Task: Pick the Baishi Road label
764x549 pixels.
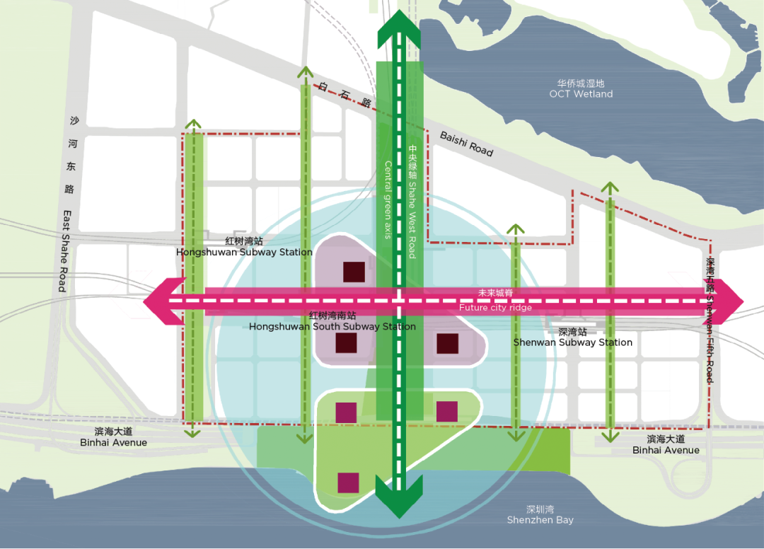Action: coord(466,144)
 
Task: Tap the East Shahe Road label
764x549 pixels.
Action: coord(64,250)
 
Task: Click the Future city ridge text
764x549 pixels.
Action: coord(495,308)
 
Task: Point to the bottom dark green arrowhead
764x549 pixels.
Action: coord(400,498)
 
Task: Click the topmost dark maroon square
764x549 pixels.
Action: coord(354,272)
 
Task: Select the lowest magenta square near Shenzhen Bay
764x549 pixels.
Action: coord(348,482)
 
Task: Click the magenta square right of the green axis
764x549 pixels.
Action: coord(447,412)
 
